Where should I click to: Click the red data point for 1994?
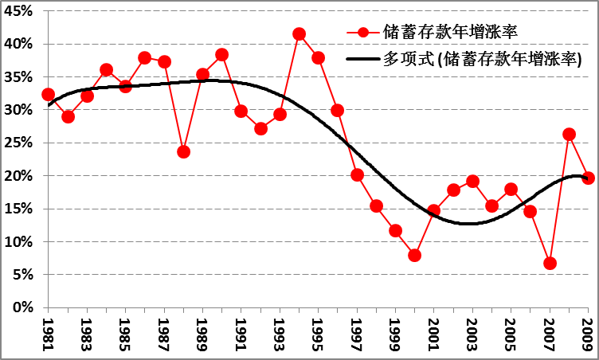coord(299,34)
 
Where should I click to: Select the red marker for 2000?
coord(414,256)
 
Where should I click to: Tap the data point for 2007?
coord(550,264)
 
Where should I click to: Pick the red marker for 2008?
coord(569,135)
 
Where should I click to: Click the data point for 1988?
coord(183,151)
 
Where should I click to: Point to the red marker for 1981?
coord(48,95)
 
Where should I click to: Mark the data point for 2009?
coord(588,178)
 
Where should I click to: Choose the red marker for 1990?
coord(221,55)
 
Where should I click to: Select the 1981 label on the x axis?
coord(48,335)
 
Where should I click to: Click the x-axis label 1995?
coord(319,335)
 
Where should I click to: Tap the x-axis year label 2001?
coord(434,335)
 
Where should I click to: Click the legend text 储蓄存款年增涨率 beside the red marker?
coord(451,33)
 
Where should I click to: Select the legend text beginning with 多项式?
coord(483,59)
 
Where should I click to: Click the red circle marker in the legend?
coord(363,33)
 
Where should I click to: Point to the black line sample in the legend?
coord(363,59)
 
